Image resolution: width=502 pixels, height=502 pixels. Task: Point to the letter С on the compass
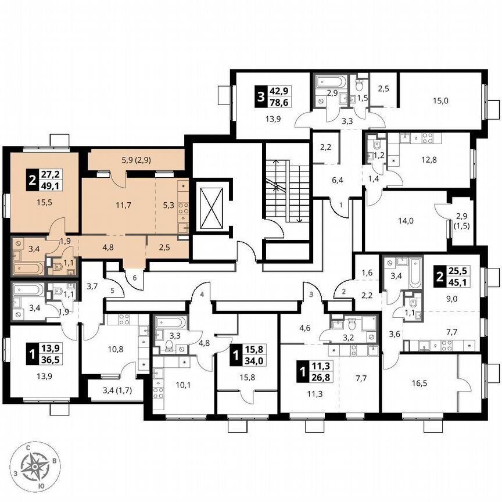[x=28, y=447]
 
